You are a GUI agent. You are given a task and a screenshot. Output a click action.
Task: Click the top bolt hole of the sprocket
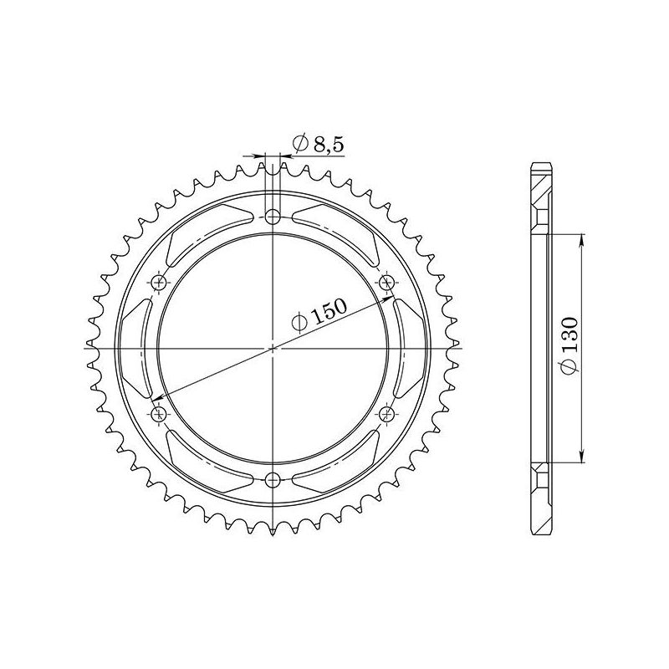pyautogui.click(x=273, y=217)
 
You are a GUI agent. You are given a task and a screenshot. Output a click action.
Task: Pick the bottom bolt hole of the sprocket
pyautogui.click(x=273, y=479)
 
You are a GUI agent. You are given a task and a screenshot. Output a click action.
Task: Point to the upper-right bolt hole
pyautogui.click(x=386, y=283)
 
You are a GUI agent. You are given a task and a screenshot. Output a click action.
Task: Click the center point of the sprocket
pyautogui.click(x=273, y=348)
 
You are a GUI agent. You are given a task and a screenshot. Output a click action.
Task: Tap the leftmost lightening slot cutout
pyautogui.click(x=135, y=348)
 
